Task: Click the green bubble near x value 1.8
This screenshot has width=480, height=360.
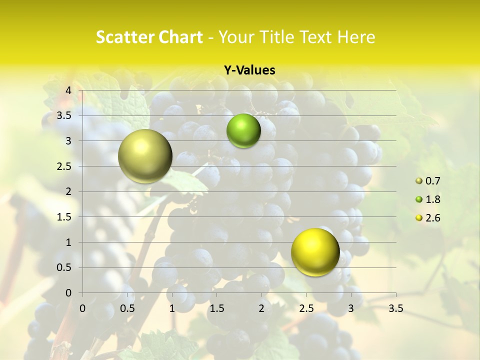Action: coord(243,131)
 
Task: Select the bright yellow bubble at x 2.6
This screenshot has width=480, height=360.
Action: coord(315,252)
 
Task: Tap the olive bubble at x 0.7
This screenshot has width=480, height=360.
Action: coord(145,156)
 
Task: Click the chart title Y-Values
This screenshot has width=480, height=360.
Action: coord(249,70)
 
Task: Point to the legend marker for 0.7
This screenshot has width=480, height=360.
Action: coord(419,181)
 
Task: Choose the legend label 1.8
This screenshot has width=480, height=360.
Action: coord(433,199)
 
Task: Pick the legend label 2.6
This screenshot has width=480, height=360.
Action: coord(433,218)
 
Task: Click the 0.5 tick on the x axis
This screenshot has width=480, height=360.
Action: coord(127,308)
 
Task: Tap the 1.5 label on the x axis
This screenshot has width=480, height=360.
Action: coord(216,308)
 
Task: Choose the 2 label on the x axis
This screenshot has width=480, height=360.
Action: coord(261,308)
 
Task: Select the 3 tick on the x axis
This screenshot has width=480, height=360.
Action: coord(351,308)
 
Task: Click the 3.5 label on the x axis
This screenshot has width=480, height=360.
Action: coord(395,308)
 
